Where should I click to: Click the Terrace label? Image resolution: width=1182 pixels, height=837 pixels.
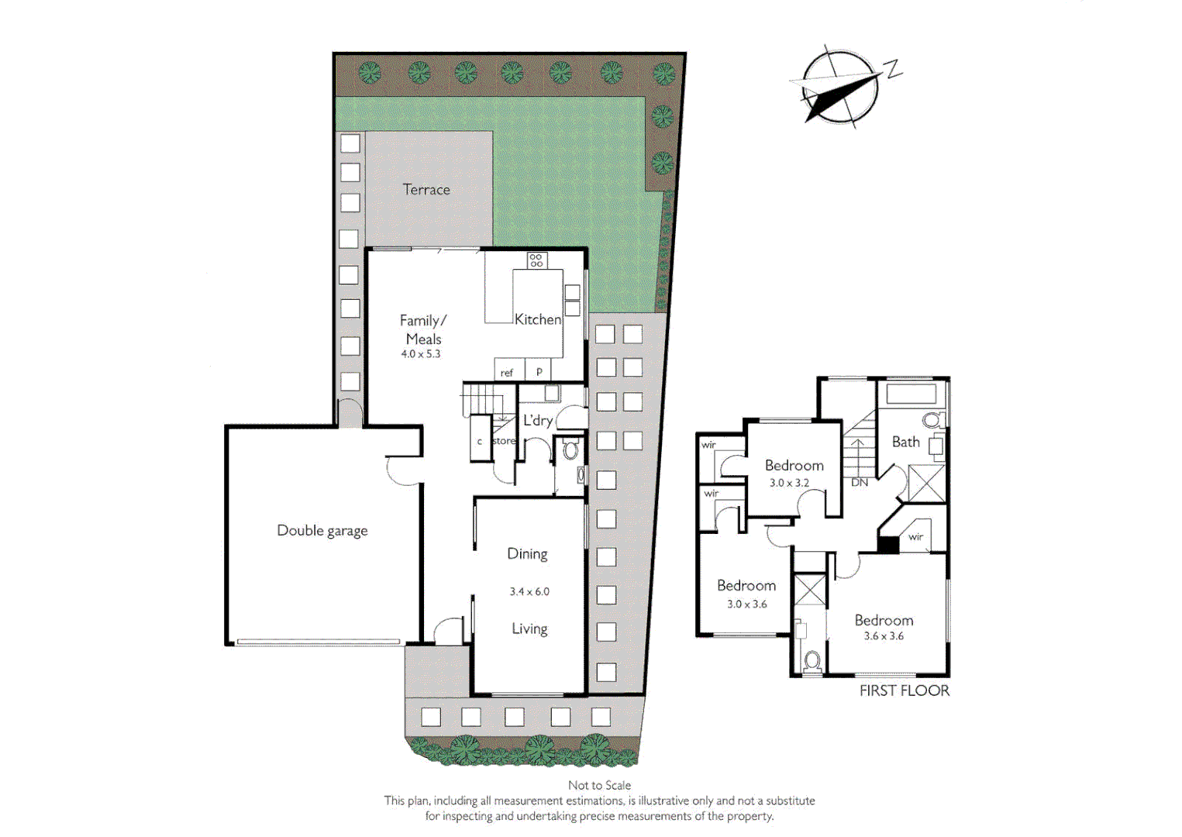pos(426,190)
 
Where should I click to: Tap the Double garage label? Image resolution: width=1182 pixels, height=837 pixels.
pos(322,531)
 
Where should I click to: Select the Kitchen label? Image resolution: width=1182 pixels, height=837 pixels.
pos(537,319)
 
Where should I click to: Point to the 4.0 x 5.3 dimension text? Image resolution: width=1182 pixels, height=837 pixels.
pos(420,354)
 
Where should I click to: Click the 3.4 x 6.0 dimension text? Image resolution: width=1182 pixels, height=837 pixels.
pos(529,591)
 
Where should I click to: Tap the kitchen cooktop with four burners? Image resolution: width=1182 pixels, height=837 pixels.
pos(536,260)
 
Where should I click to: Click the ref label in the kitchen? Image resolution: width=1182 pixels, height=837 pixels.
pos(506,373)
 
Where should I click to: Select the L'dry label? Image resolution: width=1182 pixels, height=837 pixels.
pos(537,421)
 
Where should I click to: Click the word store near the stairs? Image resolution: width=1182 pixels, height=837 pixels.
pos(504,441)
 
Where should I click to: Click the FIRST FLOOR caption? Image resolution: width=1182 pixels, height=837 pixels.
pos(904,691)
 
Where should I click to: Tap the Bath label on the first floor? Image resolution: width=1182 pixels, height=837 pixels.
pos(905,443)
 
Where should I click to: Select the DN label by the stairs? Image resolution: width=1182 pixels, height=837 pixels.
pos(860,482)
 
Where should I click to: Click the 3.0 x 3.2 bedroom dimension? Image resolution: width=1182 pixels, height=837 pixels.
pos(789,483)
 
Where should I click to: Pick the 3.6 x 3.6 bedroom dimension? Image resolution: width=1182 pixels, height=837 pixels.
pos(884,636)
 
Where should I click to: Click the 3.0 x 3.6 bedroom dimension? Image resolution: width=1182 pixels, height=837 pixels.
pos(746,604)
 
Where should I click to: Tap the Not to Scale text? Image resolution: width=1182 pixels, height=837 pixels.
pos(599,785)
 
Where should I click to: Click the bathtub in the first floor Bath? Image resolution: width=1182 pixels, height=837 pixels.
pos(911,393)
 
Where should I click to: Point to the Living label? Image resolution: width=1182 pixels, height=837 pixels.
pos(529,629)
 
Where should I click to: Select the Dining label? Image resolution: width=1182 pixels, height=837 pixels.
pos(527,554)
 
